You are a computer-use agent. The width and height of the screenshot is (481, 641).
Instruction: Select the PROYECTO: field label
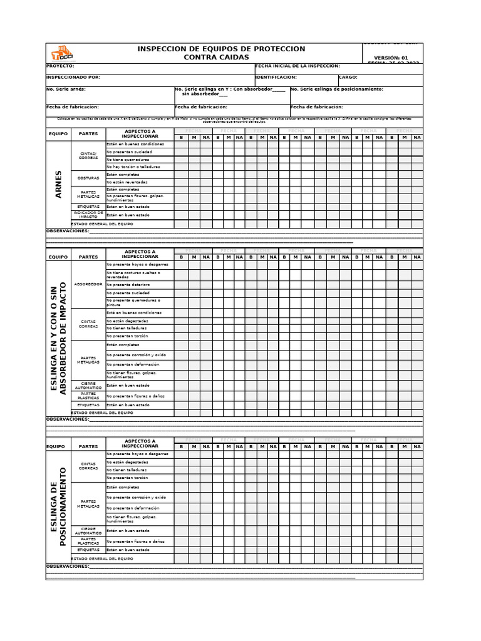[x=60, y=66]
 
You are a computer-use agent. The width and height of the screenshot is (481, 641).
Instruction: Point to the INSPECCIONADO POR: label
[x=73, y=78]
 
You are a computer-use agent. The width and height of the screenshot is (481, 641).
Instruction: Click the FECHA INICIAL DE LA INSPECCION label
[x=297, y=66]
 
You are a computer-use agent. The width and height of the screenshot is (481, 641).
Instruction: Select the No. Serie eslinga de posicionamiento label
[x=337, y=90]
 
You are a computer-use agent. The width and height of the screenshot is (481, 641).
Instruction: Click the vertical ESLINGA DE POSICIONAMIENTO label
[x=58, y=506]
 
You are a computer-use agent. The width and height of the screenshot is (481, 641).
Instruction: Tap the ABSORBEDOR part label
[x=88, y=284]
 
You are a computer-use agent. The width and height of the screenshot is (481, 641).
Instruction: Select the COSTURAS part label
[x=88, y=178]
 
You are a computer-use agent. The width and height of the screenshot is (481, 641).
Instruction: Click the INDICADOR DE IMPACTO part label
[x=88, y=214]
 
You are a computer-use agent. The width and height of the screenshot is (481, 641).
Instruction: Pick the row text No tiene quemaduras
[x=128, y=160]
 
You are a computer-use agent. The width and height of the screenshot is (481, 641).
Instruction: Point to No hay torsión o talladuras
[x=133, y=167]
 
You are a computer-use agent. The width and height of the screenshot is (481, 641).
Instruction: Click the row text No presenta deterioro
[x=128, y=285]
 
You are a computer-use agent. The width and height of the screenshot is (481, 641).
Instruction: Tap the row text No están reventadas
[x=127, y=182]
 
